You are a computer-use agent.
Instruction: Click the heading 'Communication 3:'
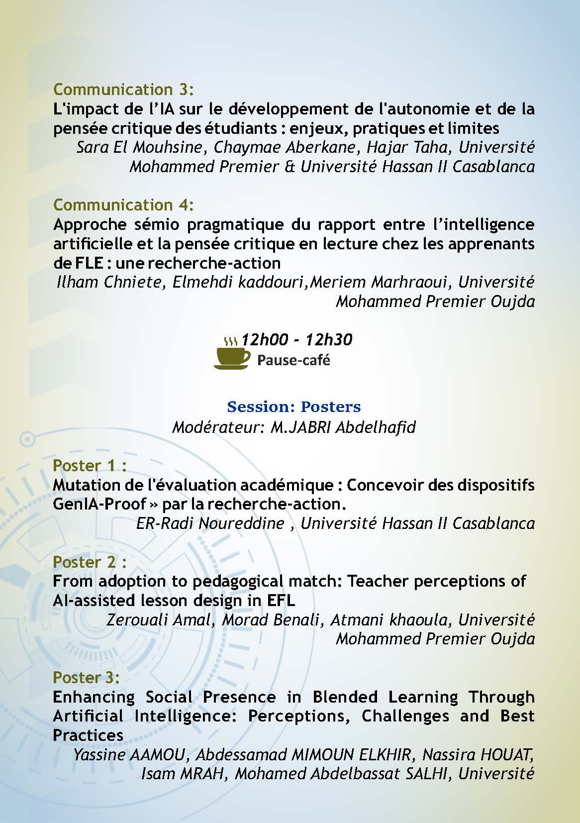pyautogui.click(x=123, y=90)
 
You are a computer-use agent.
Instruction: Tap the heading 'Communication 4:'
pyautogui.click(x=123, y=205)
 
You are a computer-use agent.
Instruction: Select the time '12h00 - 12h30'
pyautogui.click(x=296, y=340)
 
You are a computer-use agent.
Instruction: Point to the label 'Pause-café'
pyautogui.click(x=293, y=360)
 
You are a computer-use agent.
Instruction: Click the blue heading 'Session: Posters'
pyautogui.click(x=293, y=407)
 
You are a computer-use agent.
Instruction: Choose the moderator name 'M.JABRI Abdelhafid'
pyautogui.click(x=343, y=427)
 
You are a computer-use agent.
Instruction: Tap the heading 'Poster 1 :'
pyautogui.click(x=90, y=466)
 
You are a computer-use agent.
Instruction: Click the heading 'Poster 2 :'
pyautogui.click(x=90, y=562)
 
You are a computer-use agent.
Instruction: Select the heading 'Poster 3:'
pyautogui.click(x=87, y=678)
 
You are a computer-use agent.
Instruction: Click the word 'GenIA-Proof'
pyautogui.click(x=99, y=504)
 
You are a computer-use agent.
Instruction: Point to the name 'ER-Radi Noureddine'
pyautogui.click(x=210, y=523)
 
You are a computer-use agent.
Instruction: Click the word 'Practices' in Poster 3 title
pyautogui.click(x=88, y=735)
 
